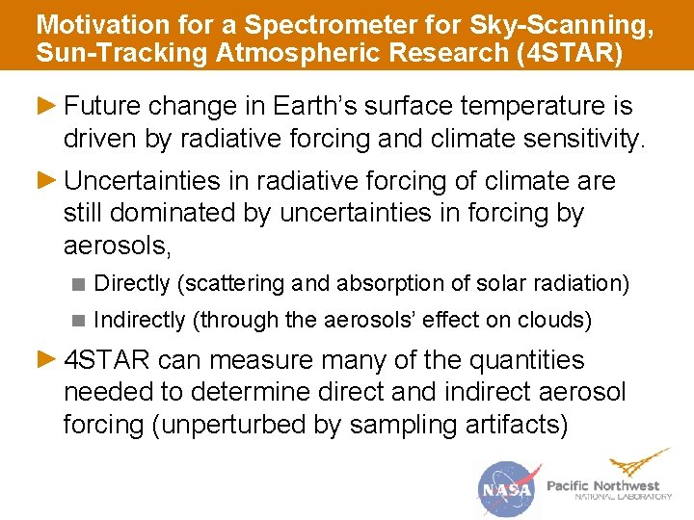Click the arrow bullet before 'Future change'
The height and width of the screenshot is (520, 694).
pos(46,104)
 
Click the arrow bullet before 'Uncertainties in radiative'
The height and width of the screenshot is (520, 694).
pos(46,181)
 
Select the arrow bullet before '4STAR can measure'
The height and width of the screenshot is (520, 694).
pos(46,360)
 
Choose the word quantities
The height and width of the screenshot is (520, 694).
pos(526,361)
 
